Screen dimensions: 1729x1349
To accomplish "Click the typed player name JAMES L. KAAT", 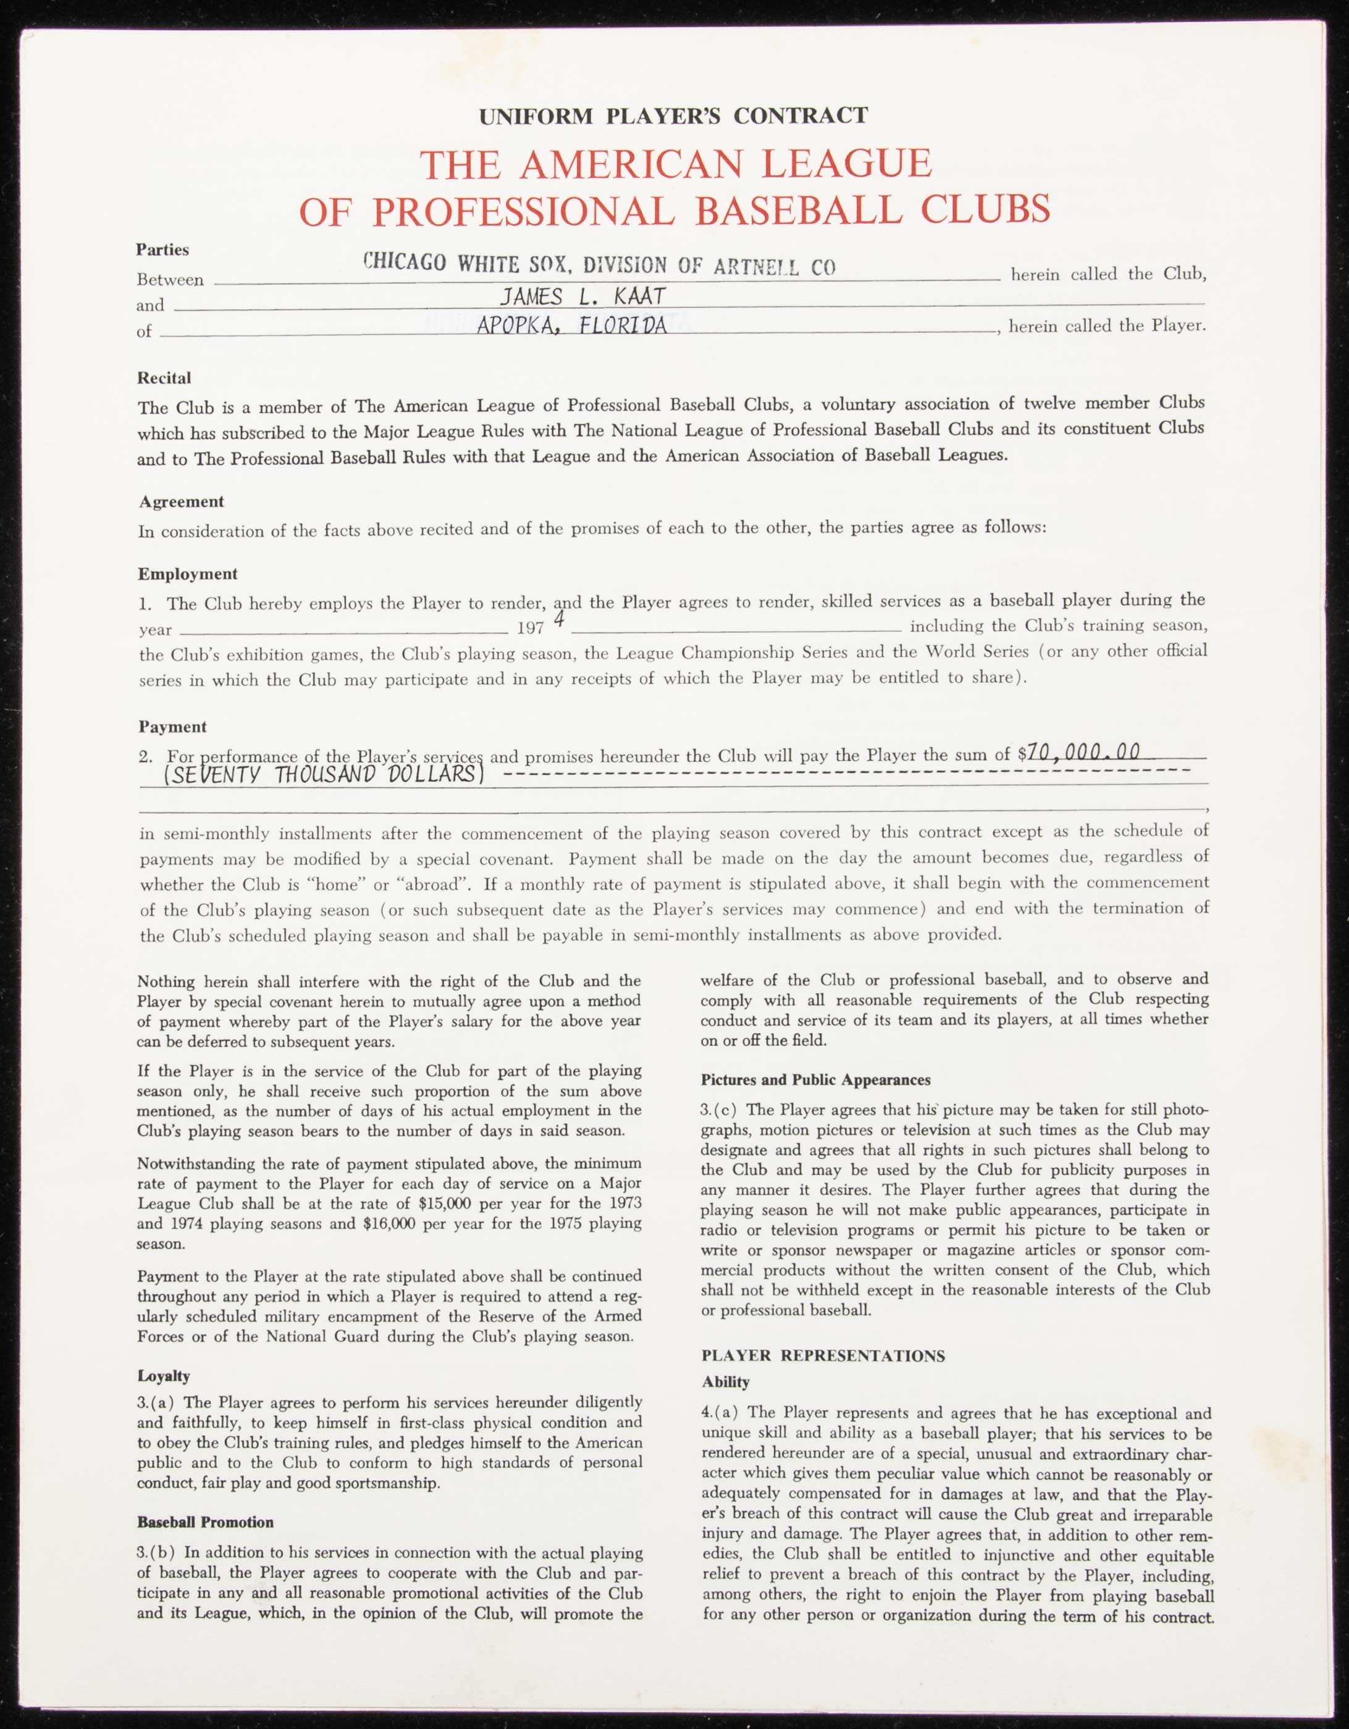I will pyautogui.click(x=582, y=297).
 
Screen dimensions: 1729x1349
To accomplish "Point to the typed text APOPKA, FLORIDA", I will pyautogui.click(x=571, y=325).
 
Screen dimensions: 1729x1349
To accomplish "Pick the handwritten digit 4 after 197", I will pyautogui.click(x=559, y=620).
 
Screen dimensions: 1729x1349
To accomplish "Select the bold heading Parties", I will pyautogui.click(x=162, y=249).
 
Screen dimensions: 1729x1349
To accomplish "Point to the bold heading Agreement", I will pyautogui.click(x=182, y=501).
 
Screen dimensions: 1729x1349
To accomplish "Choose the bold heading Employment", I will pyautogui.click(x=188, y=574).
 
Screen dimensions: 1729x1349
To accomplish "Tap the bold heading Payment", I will pyautogui.click(x=172, y=726).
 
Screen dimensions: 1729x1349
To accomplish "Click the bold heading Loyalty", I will pyautogui.click(x=163, y=1376).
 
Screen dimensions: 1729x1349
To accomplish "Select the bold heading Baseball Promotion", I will pyautogui.click(x=205, y=1522).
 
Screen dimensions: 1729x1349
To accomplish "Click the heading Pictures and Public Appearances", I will pyautogui.click(x=815, y=1080).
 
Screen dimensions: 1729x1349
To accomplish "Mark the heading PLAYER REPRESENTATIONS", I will pyautogui.click(x=823, y=1355).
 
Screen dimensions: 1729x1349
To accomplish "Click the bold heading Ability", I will pyautogui.click(x=725, y=1382).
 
